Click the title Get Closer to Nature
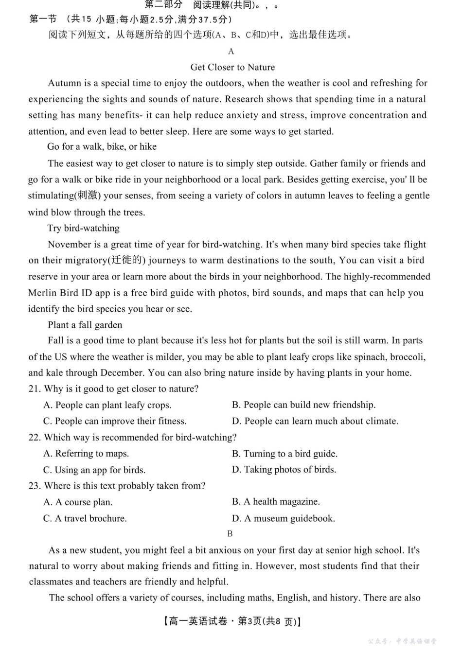pyautogui.click(x=232, y=67)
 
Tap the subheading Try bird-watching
pyautogui.click(x=83, y=228)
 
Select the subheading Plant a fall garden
pyautogui.click(x=85, y=325)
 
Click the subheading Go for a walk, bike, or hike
pyautogui.click(x=102, y=147)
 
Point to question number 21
pyautogui.click(x=34, y=389)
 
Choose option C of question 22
pyautogui.click(x=94, y=470)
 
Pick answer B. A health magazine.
pyautogui.click(x=276, y=502)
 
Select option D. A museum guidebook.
pyautogui.click(x=284, y=519)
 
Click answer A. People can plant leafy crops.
pyautogui.click(x=107, y=405)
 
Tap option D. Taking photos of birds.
pyautogui.click(x=284, y=470)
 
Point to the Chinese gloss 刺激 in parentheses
pyautogui.click(x=88, y=195)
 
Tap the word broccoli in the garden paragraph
pyautogui.click(x=407, y=357)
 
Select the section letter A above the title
pyautogui.click(x=231, y=52)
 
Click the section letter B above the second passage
pyautogui.click(x=230, y=534)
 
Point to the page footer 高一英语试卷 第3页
pyautogui.click(x=232, y=621)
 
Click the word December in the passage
pyautogui.click(x=122, y=373)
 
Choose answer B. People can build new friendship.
pyautogui.click(x=303, y=405)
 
